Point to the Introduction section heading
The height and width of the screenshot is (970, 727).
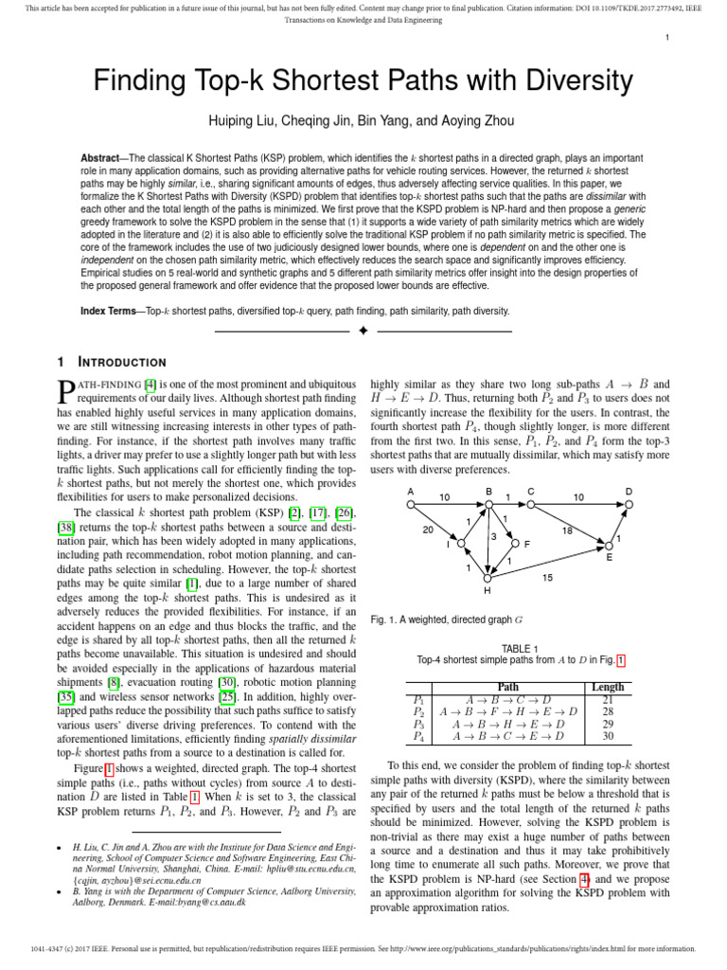tap(118, 362)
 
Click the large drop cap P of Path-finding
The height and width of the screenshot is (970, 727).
tap(66, 393)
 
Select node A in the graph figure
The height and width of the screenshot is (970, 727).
tap(411, 492)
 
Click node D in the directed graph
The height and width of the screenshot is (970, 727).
tap(629, 492)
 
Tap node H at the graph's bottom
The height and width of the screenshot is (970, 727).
tap(488, 590)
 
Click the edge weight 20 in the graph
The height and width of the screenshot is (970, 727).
tap(428, 530)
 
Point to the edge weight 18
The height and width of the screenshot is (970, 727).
tap(567, 531)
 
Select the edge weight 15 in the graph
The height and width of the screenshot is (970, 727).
tap(547, 576)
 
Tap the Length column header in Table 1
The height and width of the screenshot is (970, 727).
tap(607, 687)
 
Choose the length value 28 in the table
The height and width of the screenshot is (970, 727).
tap(607, 711)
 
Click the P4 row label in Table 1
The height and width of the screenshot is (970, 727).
tap(419, 736)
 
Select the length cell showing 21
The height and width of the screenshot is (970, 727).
tap(607, 699)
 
